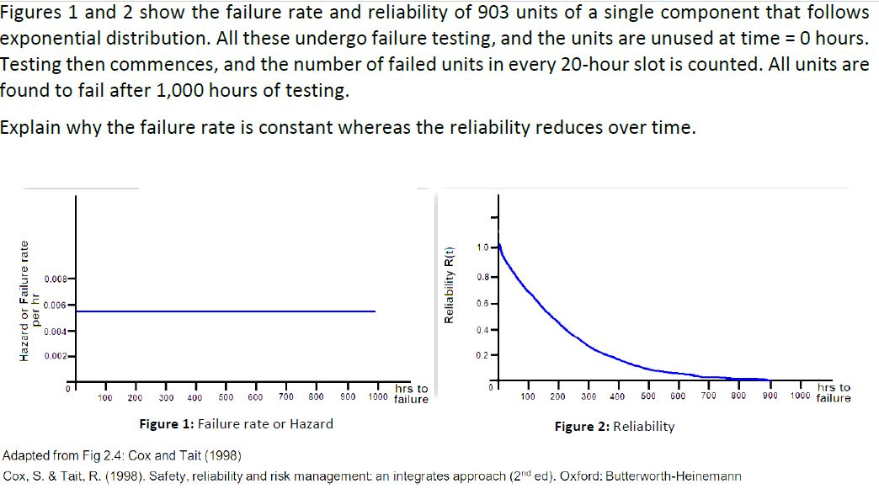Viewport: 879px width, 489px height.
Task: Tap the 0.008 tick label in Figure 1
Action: pyautogui.click(x=56, y=279)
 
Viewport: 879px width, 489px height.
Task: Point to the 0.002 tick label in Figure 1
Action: pyautogui.click(x=56, y=358)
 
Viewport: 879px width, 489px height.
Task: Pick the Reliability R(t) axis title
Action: pyautogui.click(x=449, y=285)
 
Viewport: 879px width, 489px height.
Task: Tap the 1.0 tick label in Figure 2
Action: pyautogui.click(x=481, y=247)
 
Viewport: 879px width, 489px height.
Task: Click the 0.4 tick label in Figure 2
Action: pyautogui.click(x=481, y=329)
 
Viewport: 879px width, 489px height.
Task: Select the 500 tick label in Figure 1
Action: pyautogui.click(x=226, y=397)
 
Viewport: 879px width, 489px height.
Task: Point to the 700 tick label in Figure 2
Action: pyautogui.click(x=708, y=396)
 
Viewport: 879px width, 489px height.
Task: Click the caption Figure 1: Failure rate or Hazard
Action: pyautogui.click(x=236, y=423)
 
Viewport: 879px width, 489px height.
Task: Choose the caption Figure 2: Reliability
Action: pyautogui.click(x=614, y=427)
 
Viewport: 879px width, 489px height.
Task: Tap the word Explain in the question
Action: pyautogui.click(x=29, y=128)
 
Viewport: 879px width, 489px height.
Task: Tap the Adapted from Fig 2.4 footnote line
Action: pyautogui.click(x=122, y=456)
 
